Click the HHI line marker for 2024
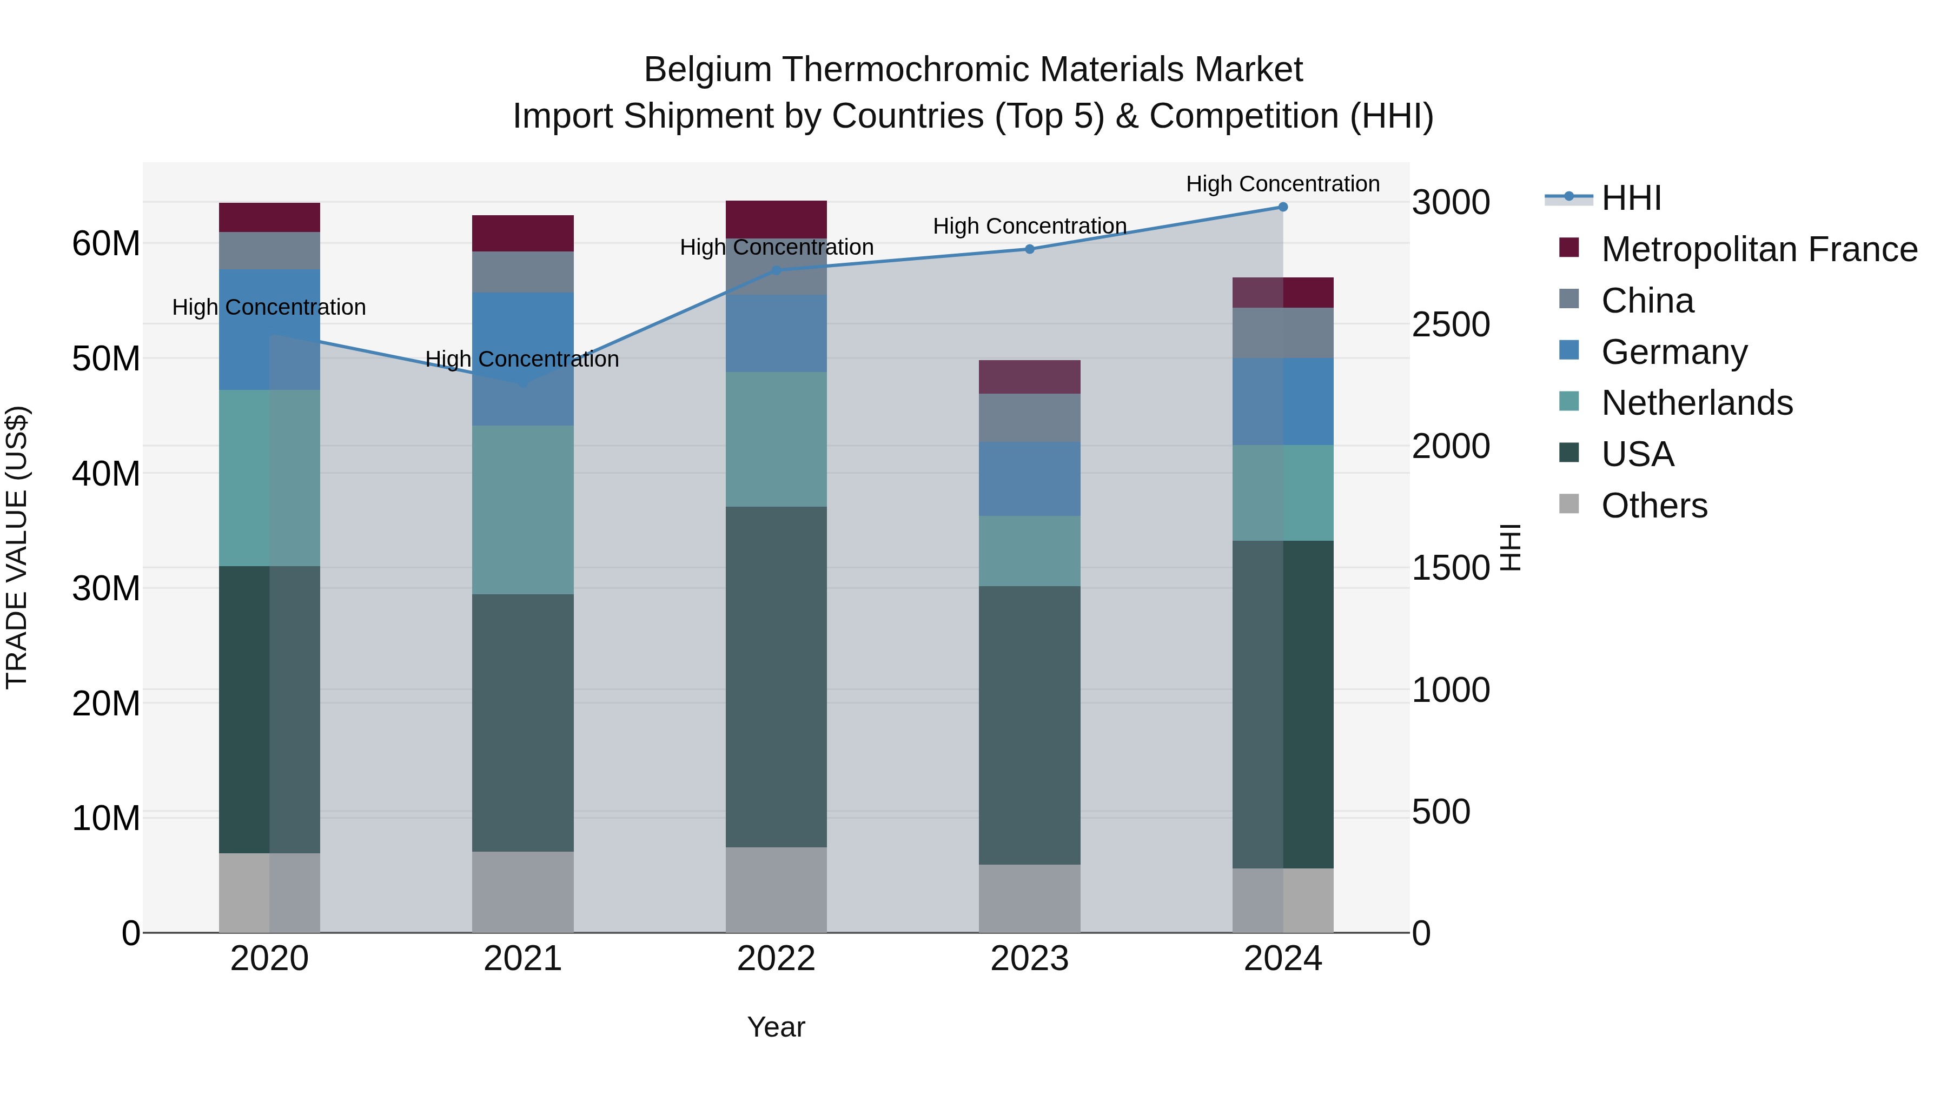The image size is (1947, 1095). pyautogui.click(x=1283, y=207)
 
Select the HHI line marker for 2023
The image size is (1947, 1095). pyautogui.click(x=1029, y=249)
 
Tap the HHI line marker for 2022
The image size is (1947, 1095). pyautogui.click(x=776, y=270)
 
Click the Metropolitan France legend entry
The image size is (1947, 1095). pyautogui.click(x=1759, y=249)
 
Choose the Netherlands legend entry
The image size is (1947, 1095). pyautogui.click(x=1697, y=403)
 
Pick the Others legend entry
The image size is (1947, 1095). pyautogui.click(x=1654, y=506)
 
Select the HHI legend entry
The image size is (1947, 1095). pyautogui.click(x=1631, y=198)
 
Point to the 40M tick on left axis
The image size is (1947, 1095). pyautogui.click(x=106, y=474)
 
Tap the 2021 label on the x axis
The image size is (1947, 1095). pyautogui.click(x=522, y=959)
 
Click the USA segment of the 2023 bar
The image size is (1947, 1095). pyautogui.click(x=1029, y=726)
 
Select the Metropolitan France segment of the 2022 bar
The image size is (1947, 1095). pyautogui.click(x=776, y=219)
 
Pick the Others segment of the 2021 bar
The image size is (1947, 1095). pyautogui.click(x=522, y=892)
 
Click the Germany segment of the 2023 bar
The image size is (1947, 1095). pyautogui.click(x=1029, y=479)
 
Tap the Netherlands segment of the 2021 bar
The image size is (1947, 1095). pyautogui.click(x=522, y=510)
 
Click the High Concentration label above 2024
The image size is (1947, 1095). pyautogui.click(x=1283, y=184)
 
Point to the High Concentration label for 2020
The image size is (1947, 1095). pyautogui.click(x=269, y=308)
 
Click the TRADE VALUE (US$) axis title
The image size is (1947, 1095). pyautogui.click(x=17, y=548)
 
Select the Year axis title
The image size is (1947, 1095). pyautogui.click(x=776, y=1028)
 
